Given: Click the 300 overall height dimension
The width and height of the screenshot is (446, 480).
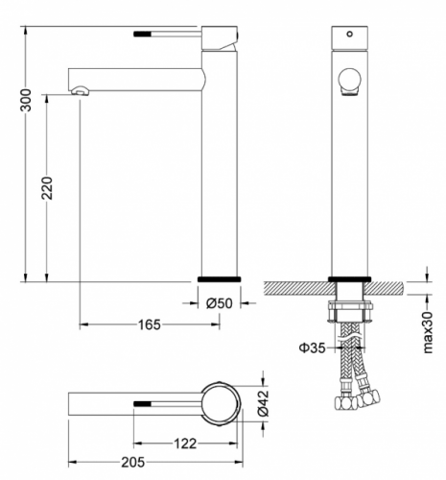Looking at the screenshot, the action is coord(26,100).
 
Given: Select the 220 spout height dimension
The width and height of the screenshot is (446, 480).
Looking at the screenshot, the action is coord(47,188).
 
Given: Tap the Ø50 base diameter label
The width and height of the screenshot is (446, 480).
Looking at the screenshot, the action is coord(219,303).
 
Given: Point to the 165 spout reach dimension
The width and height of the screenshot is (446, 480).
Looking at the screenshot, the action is coord(150,324).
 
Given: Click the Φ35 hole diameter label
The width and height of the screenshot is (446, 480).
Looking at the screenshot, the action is coord(312,348).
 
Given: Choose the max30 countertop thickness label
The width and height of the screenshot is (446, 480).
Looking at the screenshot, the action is coord(427,332).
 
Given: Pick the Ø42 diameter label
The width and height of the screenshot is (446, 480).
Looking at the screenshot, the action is coord(263,403).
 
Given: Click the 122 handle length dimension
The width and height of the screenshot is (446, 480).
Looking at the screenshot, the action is coord(185,444).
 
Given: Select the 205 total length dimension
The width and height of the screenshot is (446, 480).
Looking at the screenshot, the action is coord(132,462).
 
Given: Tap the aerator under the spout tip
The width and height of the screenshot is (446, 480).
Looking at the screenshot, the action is coord(81,90).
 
